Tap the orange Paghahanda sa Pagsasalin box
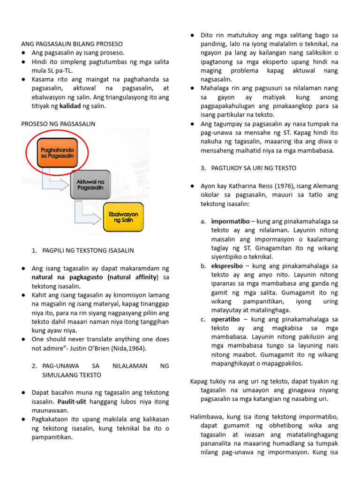(57, 151)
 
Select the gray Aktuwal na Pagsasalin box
(90, 185)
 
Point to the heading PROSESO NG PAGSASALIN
(59, 124)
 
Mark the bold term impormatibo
(229, 221)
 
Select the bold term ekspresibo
(227, 266)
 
